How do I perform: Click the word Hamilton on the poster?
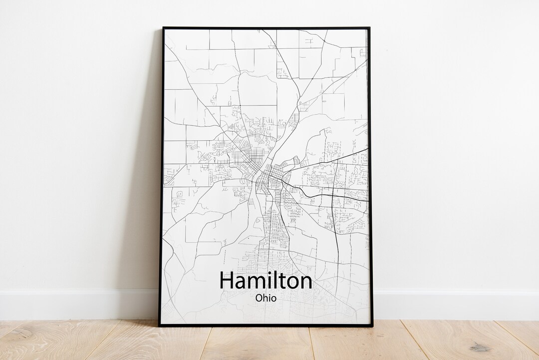click(266, 281)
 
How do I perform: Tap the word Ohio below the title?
click(266, 298)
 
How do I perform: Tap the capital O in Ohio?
click(259, 298)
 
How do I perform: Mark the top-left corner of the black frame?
click(163, 28)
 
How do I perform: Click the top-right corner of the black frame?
click(369, 28)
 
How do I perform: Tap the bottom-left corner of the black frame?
click(160, 326)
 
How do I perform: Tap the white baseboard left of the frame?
click(75, 304)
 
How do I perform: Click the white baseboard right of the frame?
click(454, 304)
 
